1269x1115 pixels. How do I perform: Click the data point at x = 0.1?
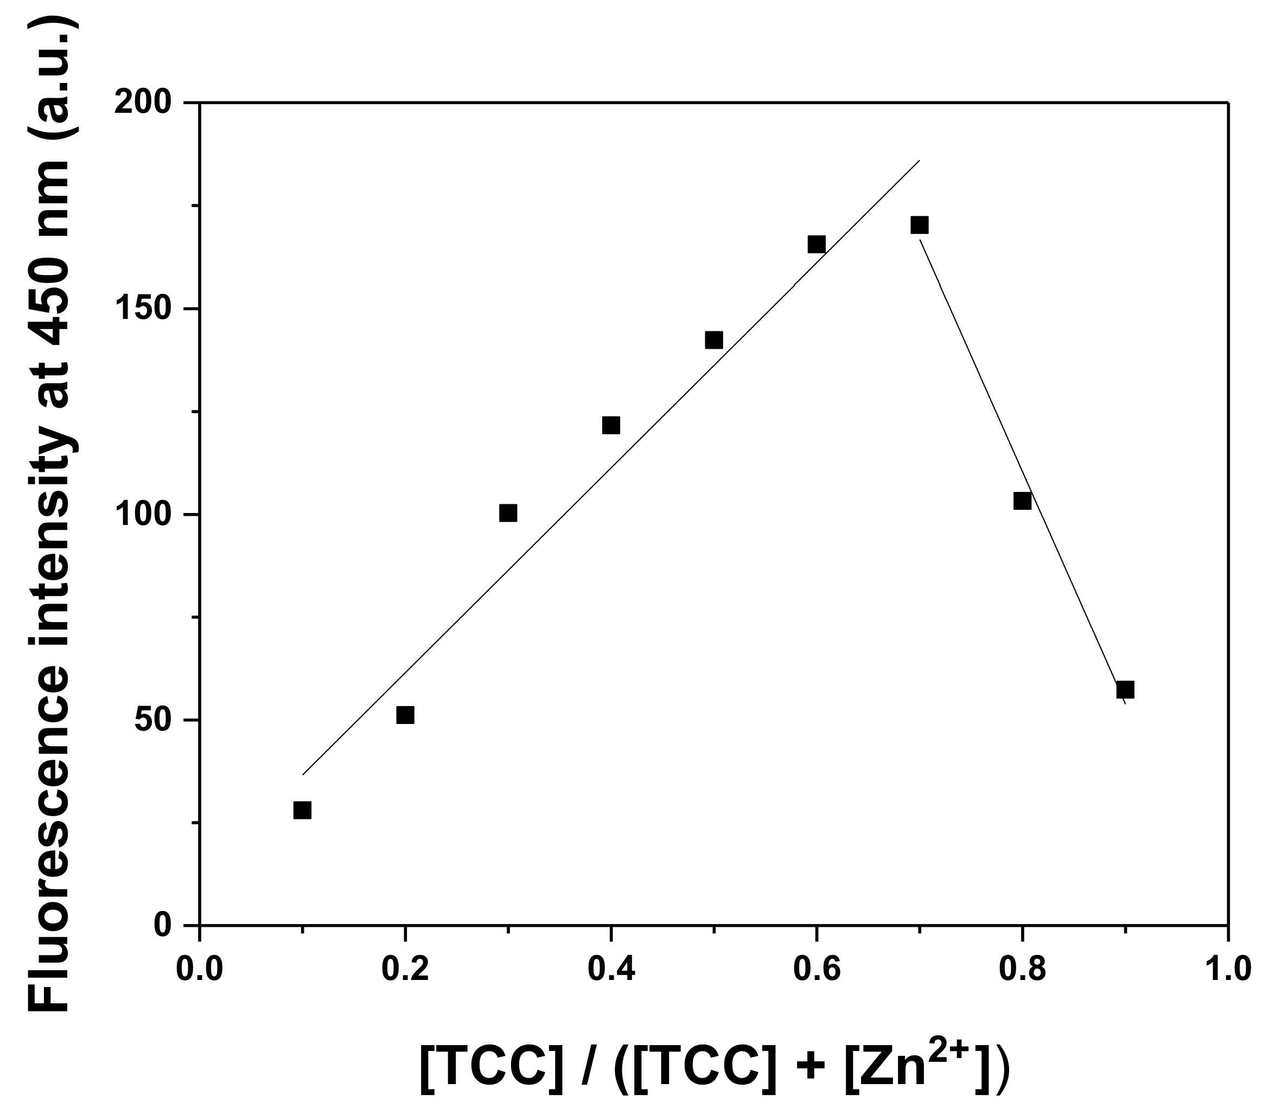[x=302, y=810]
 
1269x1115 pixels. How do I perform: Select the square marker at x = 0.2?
[x=405, y=715]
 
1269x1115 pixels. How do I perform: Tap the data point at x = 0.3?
[x=508, y=513]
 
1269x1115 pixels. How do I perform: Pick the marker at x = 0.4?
[x=611, y=426]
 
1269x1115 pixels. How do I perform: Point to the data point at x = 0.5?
[x=714, y=340]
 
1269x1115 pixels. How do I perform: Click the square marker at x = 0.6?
[x=817, y=245]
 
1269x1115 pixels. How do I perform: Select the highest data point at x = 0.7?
[x=920, y=225]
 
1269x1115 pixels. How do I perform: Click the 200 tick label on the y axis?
[x=150, y=102]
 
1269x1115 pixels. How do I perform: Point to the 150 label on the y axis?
[x=150, y=309]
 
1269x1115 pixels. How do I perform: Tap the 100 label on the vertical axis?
[x=150, y=514]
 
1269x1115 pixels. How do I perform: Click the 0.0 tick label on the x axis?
[x=200, y=969]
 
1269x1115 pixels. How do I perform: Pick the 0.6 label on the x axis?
[x=817, y=969]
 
